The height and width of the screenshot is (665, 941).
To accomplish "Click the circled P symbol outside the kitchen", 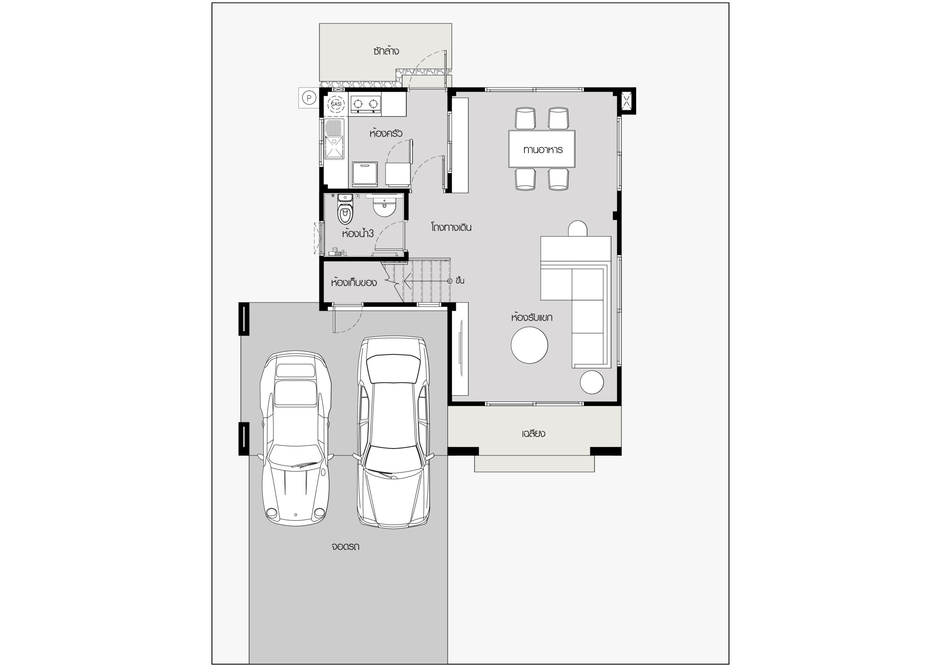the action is coord(310,98).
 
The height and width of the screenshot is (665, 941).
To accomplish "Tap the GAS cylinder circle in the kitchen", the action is coord(336,104).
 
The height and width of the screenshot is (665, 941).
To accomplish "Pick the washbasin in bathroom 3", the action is coord(384,207).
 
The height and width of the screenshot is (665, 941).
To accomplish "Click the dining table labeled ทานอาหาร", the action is coord(541,149).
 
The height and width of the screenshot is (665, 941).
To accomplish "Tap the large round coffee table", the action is coord(529,345).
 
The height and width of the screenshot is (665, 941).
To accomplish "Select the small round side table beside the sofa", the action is coord(592,382).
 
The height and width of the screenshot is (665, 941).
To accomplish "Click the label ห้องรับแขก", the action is coord(532,317).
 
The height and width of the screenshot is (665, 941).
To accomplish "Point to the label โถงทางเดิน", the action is coord(451,227).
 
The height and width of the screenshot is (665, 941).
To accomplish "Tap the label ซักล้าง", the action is coord(386,51).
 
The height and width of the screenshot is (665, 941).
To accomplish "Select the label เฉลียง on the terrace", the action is coord(534,434).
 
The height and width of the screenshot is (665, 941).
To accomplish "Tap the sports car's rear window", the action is coord(295,370).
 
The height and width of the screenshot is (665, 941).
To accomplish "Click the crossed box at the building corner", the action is coord(627,100).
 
